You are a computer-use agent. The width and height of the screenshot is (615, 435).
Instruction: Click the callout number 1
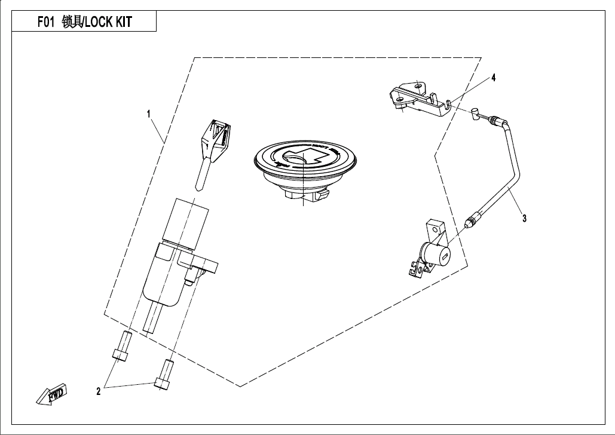pos(149,113)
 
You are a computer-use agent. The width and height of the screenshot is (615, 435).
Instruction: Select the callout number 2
pos(98,391)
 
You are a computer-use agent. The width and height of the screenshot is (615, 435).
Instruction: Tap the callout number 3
pos(524,218)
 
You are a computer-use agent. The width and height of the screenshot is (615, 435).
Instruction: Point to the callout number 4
pos(494,78)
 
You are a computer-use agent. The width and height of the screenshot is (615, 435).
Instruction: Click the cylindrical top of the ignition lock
pos(189,220)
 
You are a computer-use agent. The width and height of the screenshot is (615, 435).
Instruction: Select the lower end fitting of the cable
pos(471,222)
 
